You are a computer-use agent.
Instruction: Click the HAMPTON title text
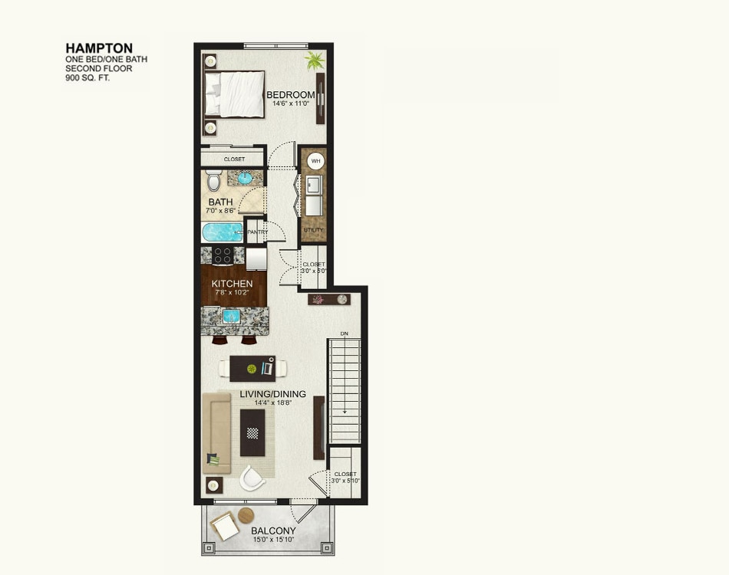(99, 48)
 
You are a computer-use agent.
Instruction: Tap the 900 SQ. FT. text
(87, 78)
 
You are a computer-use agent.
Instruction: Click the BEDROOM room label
(291, 95)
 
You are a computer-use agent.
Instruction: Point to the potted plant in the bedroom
(314, 61)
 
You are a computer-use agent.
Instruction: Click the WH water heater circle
(315, 162)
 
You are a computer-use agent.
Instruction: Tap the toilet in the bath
(213, 181)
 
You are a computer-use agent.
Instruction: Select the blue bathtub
(223, 232)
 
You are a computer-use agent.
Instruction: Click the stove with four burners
(223, 255)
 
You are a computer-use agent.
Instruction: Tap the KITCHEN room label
(232, 284)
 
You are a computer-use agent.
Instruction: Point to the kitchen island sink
(231, 316)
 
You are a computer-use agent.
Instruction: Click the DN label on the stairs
(345, 334)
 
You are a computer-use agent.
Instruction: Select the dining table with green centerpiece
(252, 369)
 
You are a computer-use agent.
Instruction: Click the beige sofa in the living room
(216, 433)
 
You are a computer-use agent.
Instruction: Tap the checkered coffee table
(252, 432)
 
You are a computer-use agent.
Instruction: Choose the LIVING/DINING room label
(272, 394)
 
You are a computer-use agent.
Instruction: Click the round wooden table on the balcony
(246, 515)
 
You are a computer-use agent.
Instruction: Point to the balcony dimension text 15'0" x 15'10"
(273, 540)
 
